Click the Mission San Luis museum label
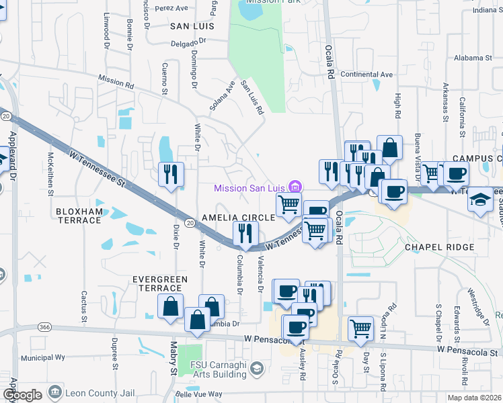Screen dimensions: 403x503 click(251, 188)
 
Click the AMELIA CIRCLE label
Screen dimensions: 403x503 click(239, 218)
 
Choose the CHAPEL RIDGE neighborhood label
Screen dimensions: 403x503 click(439, 247)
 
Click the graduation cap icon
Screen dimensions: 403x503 click(479, 199)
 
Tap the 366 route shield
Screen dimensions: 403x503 click(45, 326)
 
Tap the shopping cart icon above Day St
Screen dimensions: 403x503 click(360, 328)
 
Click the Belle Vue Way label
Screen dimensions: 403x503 click(198, 394)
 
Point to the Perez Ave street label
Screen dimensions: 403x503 click(171, 9)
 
